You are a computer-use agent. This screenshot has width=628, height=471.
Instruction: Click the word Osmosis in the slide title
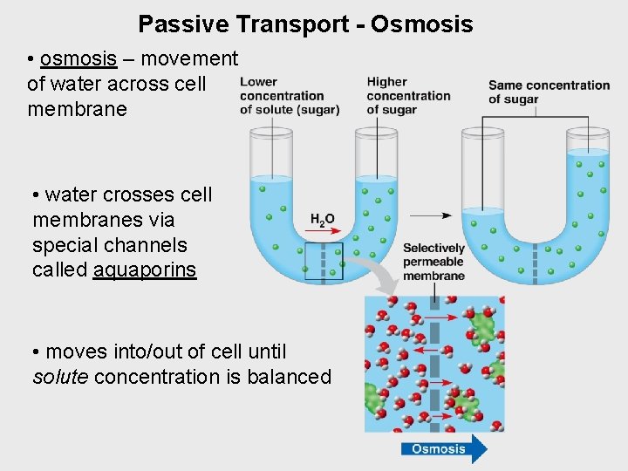[422, 24]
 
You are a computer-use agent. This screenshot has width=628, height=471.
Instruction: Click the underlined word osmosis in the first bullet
[78, 58]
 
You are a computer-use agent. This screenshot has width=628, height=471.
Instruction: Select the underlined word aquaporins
[145, 270]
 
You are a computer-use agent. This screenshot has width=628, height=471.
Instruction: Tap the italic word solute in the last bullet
[60, 377]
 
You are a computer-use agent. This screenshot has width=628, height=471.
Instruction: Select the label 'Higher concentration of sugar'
[407, 95]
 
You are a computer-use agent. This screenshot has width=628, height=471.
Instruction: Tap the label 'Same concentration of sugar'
[548, 92]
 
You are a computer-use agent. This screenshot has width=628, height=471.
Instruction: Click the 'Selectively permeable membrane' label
[433, 262]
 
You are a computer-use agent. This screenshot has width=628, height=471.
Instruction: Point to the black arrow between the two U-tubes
[429, 215]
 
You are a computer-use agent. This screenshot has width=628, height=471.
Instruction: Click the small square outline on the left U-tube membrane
[324, 261]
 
